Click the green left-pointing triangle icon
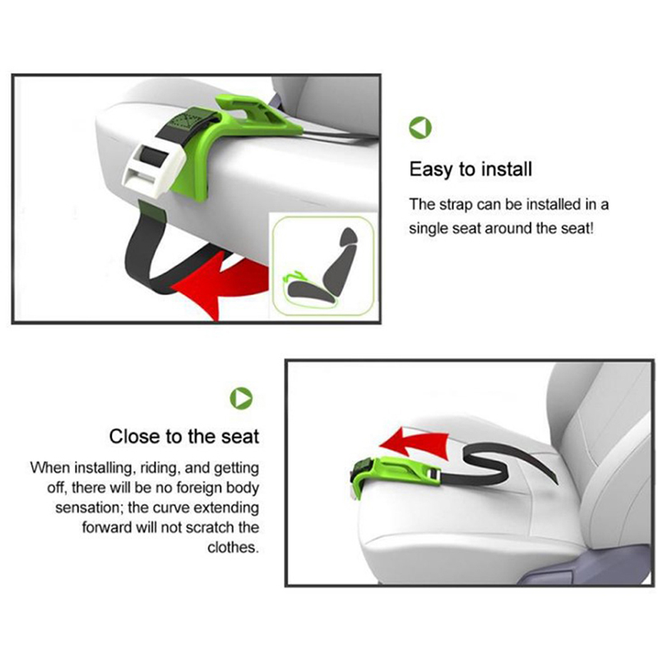point(420,127)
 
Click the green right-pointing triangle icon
point(241,398)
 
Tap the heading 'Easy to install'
point(470,169)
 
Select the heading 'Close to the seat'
point(183,437)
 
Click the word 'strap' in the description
point(456,205)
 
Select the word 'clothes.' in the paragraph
point(233,547)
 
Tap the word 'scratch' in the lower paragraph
point(211,527)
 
